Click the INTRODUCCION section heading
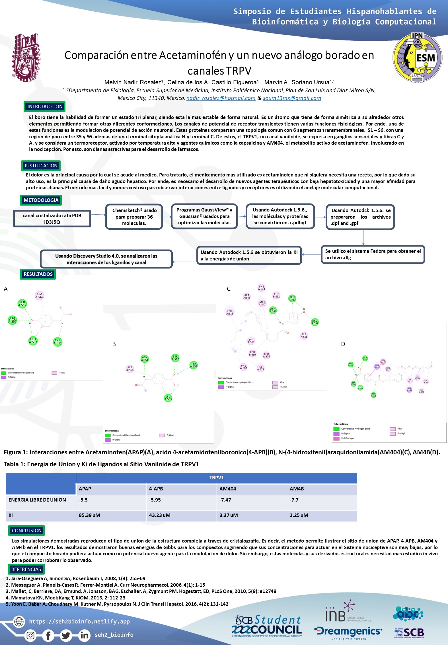[45, 106]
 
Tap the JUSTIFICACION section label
[41, 166]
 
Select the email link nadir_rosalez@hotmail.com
[221, 98]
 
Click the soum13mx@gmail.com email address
[292, 98]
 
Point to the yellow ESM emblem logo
[417, 58]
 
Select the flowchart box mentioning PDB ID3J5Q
[52, 219]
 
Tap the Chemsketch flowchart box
[134, 217]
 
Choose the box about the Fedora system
[373, 254]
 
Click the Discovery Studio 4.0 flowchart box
[106, 259]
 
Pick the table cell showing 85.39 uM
[89, 515]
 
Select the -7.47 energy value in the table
[225, 500]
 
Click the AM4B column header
[297, 489]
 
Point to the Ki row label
[11, 515]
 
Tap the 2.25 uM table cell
[299, 515]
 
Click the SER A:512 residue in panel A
[22, 304]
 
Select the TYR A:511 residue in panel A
[58, 342]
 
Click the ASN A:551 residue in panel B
[145, 359]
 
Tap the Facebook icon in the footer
[48, 635]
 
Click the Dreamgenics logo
[348, 631]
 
